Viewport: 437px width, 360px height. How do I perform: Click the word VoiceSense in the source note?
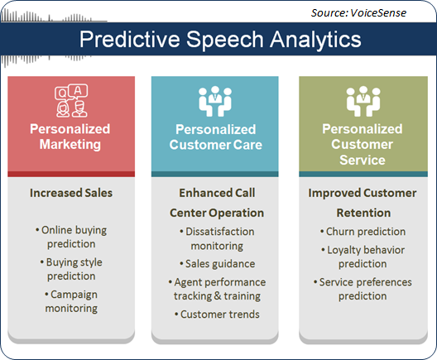[378, 13]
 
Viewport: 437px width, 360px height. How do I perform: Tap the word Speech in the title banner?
[224, 40]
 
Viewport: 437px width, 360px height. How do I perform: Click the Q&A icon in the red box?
[71, 100]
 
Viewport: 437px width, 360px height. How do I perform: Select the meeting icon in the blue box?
[215, 101]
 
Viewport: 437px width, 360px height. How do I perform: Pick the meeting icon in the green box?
[363, 101]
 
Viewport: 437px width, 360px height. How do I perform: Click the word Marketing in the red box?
[70, 145]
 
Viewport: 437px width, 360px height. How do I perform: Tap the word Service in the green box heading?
[363, 161]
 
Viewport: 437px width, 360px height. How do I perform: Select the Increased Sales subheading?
[71, 193]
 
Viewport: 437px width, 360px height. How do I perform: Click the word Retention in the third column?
[363, 213]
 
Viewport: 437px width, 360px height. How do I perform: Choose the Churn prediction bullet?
[363, 232]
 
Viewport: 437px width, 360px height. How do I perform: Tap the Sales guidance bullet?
[217, 264]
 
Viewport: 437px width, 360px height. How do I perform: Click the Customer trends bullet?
[217, 314]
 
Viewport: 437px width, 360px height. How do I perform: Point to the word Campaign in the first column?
[74, 295]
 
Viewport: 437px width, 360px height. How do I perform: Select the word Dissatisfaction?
[220, 232]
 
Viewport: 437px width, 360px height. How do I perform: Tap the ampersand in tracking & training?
[218, 296]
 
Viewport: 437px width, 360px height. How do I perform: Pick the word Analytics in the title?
[315, 40]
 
